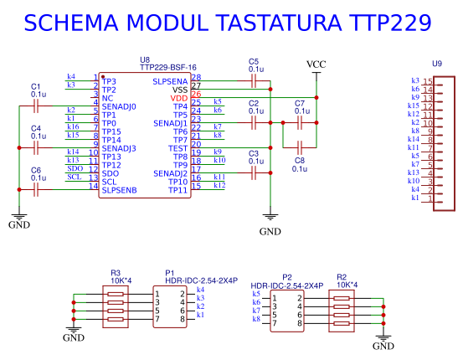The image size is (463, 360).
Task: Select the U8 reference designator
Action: (x=145, y=60)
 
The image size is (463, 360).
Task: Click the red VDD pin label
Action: (x=179, y=98)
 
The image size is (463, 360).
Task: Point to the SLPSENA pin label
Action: (x=170, y=81)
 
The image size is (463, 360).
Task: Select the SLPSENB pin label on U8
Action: (x=119, y=191)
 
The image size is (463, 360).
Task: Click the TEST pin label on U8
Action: (x=177, y=148)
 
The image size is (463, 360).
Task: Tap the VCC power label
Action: (x=316, y=64)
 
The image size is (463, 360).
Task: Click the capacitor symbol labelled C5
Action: (x=254, y=81)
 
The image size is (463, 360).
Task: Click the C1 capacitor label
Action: (x=35, y=86)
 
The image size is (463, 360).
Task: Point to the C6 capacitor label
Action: (x=35, y=170)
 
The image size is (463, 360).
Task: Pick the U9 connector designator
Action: (x=436, y=64)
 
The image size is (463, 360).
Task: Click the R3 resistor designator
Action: (x=116, y=273)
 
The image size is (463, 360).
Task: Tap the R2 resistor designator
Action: (x=342, y=276)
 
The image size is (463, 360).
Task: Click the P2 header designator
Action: (x=287, y=276)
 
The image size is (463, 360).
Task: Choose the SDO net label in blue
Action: (x=75, y=168)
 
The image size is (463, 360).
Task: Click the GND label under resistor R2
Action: (x=383, y=346)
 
